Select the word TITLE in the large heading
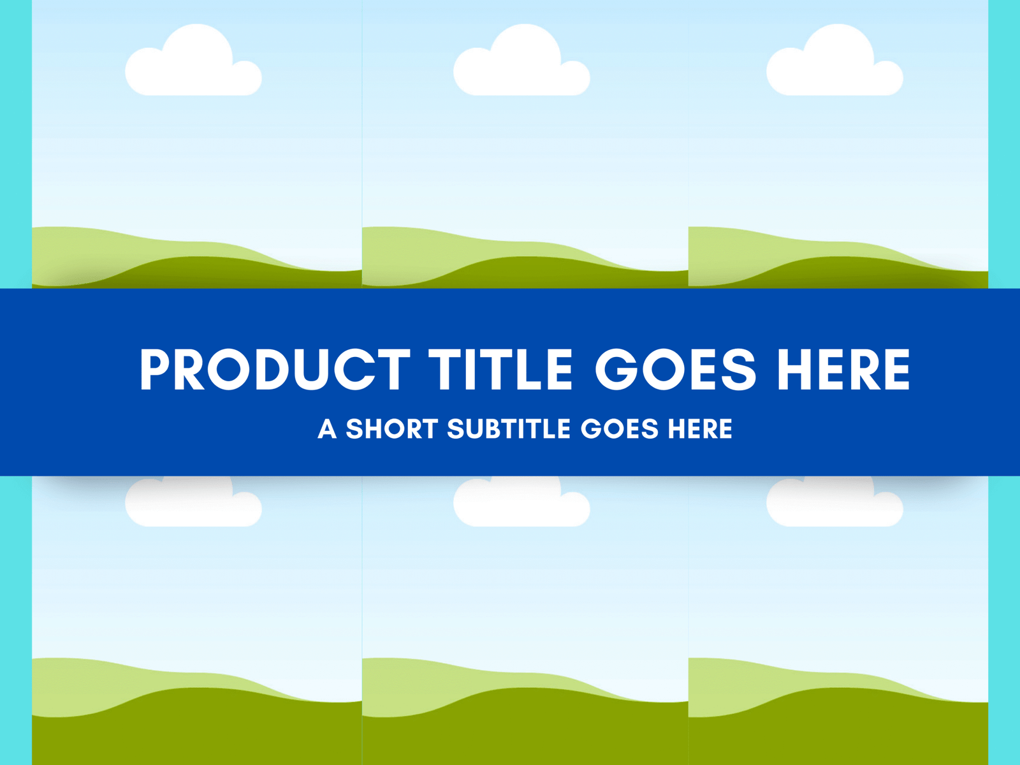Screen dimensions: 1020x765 (x=500, y=369)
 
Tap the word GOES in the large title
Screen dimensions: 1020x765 (x=676, y=369)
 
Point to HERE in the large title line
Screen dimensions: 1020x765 (x=843, y=369)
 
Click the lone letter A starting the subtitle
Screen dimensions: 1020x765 (x=327, y=428)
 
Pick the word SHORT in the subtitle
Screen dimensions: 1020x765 (x=391, y=428)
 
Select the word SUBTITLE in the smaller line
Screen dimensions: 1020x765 (x=508, y=428)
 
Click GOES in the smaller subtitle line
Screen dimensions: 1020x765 (x=620, y=428)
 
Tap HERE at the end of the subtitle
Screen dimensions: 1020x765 (x=700, y=428)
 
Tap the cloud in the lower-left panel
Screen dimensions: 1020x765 (x=193, y=502)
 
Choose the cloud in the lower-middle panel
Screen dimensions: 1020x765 (x=522, y=502)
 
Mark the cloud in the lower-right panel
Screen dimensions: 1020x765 (x=834, y=502)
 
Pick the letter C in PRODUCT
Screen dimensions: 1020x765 (x=356, y=369)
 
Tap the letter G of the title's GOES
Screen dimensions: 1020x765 (x=616, y=369)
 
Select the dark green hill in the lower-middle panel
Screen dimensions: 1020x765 (x=525, y=729)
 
